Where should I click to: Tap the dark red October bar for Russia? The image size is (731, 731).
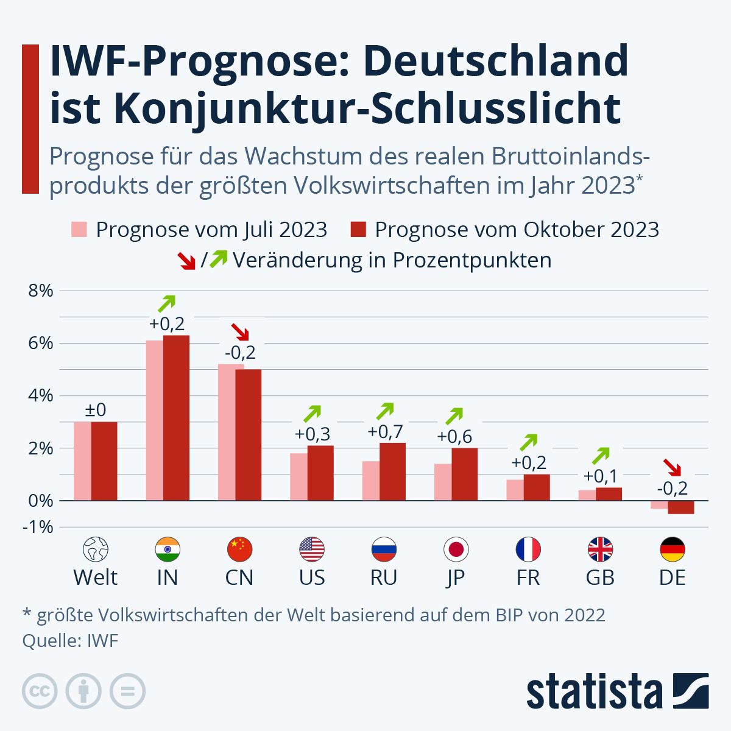pos(392,471)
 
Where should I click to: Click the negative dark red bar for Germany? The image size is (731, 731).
pos(680,507)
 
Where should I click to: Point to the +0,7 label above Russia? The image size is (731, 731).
pos(385,432)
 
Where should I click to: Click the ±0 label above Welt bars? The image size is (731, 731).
pos(95,409)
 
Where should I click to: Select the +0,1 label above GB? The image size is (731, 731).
pos(601,476)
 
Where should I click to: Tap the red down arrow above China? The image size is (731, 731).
pos(240,332)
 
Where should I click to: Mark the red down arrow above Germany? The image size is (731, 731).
pos(673,467)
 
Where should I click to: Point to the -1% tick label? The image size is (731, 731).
pos(38,527)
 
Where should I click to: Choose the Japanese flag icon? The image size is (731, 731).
pos(456,549)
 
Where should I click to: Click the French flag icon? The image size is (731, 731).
pos(528,549)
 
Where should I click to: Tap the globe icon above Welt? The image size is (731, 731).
pos(95,549)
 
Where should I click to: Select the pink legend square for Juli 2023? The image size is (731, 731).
pos(80,230)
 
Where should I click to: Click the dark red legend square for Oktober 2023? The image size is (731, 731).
pos(358,230)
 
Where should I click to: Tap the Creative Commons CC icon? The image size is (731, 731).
pos(40,691)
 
